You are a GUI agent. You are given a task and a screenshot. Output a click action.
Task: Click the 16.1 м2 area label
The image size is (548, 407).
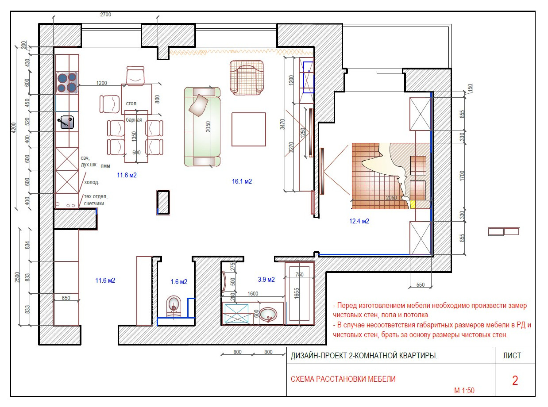point(242,181)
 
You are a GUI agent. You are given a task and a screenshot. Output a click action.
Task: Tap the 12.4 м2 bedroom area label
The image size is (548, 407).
point(359,221)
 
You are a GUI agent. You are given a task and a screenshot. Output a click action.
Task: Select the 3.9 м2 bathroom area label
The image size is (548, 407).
point(266,280)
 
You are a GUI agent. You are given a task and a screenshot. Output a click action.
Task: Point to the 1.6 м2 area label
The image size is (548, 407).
point(179,282)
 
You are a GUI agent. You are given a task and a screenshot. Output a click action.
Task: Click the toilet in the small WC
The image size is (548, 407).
point(174,307)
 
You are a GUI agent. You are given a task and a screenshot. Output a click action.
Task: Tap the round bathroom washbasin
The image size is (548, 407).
point(268,315)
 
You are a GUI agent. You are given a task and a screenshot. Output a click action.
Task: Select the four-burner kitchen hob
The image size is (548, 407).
point(67,83)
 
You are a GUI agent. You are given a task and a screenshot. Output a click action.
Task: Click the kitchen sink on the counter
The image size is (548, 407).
point(67,123)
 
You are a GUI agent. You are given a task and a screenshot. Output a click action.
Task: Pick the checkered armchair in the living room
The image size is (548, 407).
point(247,77)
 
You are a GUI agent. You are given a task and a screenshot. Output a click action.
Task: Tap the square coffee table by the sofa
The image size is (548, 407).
point(249,130)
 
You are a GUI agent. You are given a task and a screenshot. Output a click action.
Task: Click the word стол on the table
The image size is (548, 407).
point(131,104)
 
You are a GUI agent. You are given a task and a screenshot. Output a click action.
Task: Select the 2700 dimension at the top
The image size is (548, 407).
point(105,15)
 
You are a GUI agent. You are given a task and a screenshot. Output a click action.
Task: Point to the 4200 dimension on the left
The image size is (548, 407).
point(14,128)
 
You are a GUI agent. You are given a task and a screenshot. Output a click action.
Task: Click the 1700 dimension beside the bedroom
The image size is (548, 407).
point(462,176)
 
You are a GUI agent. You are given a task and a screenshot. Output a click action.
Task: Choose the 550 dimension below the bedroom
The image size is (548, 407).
point(420,285)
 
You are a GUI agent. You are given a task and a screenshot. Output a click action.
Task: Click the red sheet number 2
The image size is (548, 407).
point(515,380)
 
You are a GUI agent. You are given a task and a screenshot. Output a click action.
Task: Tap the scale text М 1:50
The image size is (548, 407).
point(464,391)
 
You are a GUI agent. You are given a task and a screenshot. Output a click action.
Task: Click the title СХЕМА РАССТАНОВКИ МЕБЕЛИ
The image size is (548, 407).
point(343,379)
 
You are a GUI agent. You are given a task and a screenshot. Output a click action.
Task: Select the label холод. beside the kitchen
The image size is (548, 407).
point(92,183)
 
